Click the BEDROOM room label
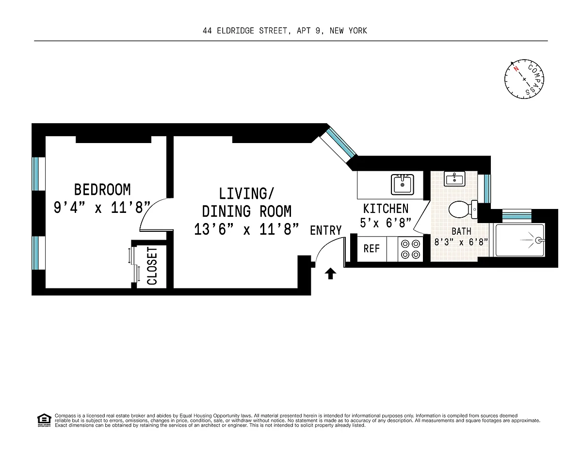coord(102,190)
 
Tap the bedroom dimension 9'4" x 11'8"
coord(102,208)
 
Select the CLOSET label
coord(152,266)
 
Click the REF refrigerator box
coord(372,249)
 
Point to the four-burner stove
coord(410,249)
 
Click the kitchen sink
coord(402,184)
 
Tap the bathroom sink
coord(454,178)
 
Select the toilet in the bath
coord(463,209)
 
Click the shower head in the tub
coord(538,240)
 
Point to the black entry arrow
coord(330,273)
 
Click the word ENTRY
coord(326,230)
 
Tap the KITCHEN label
coord(386,209)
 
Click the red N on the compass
coord(516,69)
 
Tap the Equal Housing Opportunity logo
coord(44,420)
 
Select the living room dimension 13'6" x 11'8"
coord(246,230)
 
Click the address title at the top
coord(285,31)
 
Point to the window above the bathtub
coord(517,216)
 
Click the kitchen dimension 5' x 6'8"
coord(386,223)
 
